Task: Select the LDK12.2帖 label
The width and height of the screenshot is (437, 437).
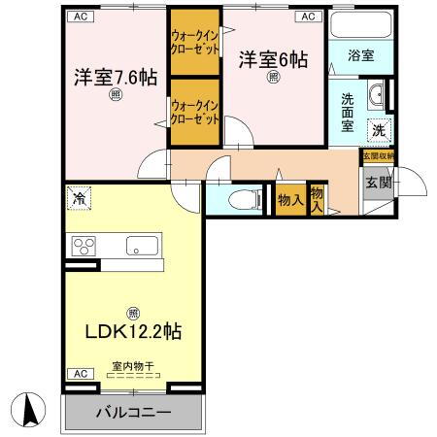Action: point(133,331)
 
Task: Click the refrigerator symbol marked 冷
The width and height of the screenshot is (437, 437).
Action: point(78,199)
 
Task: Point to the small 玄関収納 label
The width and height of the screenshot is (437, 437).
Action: point(377,154)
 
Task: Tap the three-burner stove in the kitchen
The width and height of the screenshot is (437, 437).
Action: point(83,246)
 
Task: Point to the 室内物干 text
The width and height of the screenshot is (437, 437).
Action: point(132,366)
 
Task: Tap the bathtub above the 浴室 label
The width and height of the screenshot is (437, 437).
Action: point(361,24)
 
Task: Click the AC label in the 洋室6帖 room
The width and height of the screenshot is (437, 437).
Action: point(306,17)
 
